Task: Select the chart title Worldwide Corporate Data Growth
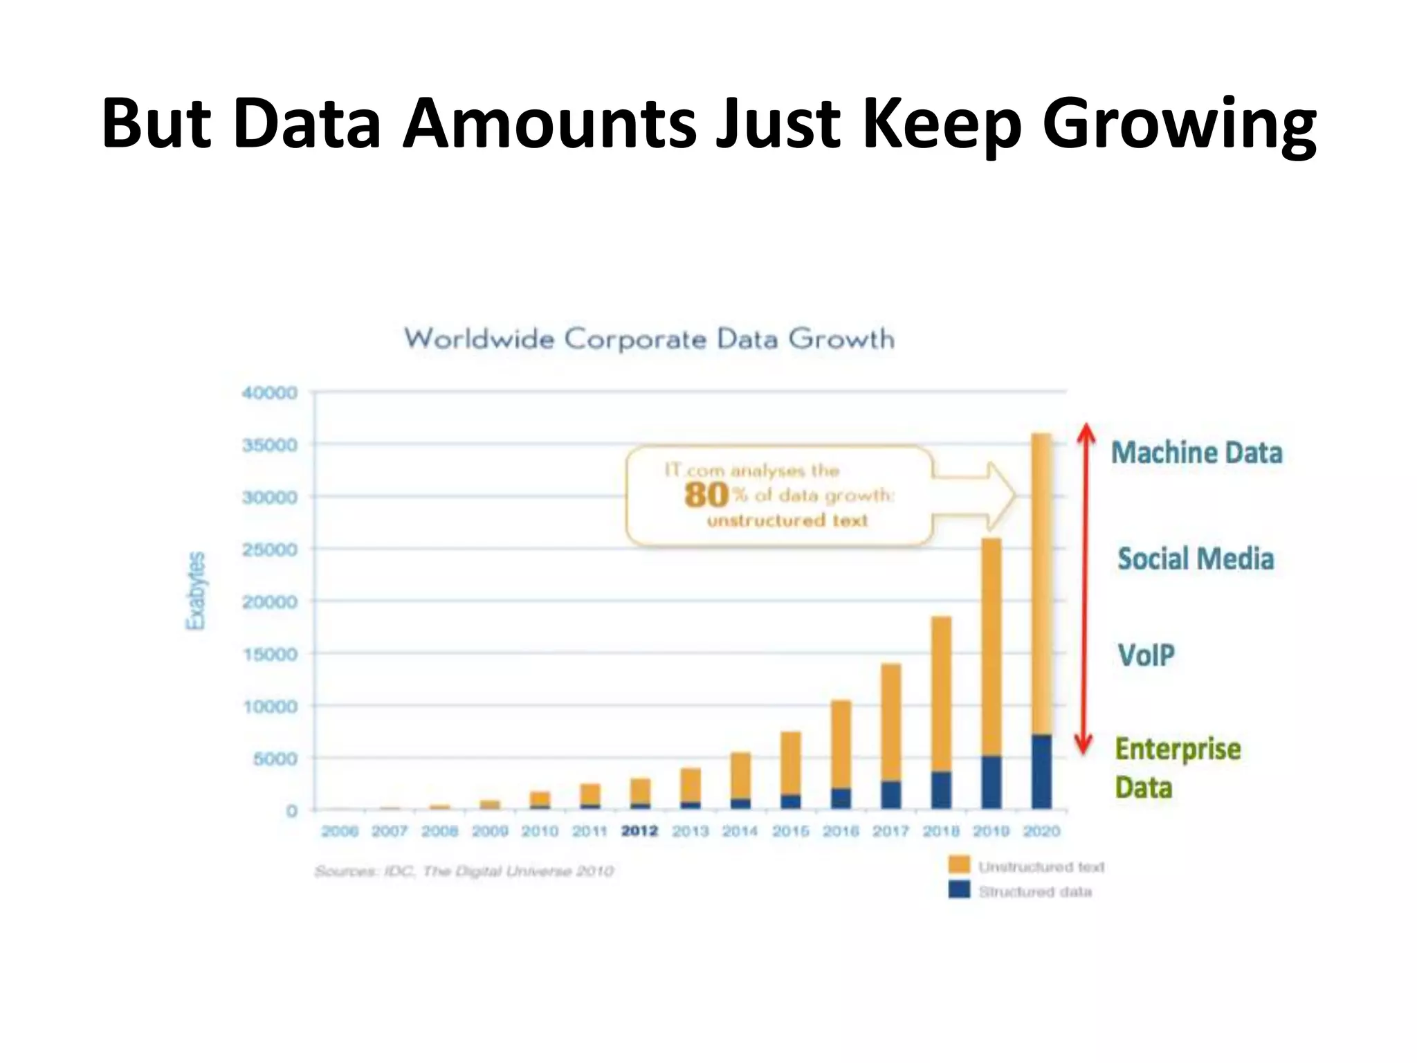coord(649,339)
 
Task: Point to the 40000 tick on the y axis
coord(269,393)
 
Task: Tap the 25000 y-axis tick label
coord(269,550)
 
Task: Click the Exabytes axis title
coord(196,590)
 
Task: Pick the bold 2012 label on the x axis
coord(639,830)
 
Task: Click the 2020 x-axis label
coord(1041,830)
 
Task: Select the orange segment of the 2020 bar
coord(1041,581)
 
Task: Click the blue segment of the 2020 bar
coord(1041,772)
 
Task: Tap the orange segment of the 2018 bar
coord(941,692)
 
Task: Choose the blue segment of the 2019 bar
coord(991,782)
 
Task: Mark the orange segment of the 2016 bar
coord(841,744)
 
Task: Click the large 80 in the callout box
coord(706,496)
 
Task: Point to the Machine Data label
coord(1196,453)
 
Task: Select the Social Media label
coord(1196,559)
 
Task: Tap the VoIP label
coord(1146,655)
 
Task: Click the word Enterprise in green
coord(1178,749)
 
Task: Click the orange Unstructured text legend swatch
coord(959,864)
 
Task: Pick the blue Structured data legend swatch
coord(959,890)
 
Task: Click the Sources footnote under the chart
coord(464,871)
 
